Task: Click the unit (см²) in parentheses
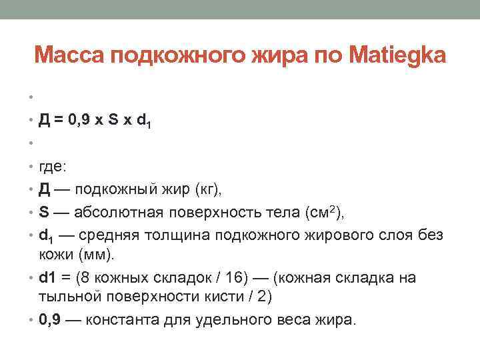323,213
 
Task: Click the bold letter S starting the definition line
44,213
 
